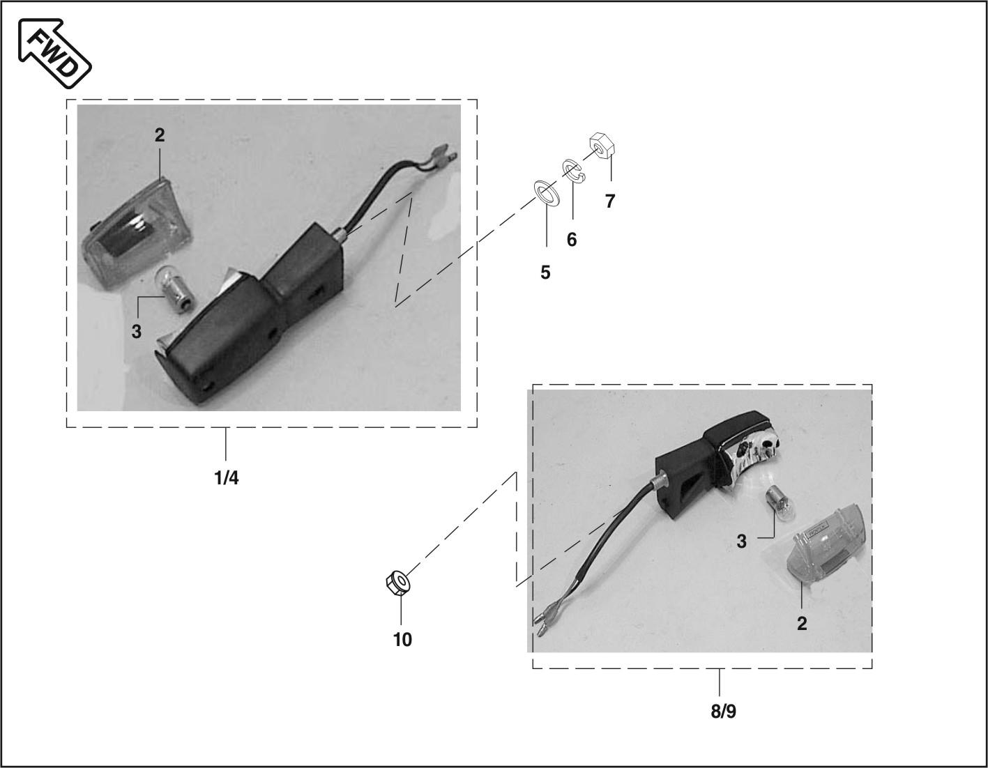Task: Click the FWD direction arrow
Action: pyautogui.click(x=54, y=53)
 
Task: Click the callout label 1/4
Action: pyautogui.click(x=227, y=478)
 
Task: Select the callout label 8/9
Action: pyautogui.click(x=723, y=712)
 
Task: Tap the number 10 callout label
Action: pyautogui.click(x=402, y=640)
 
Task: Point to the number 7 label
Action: pyautogui.click(x=610, y=201)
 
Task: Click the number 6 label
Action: pyautogui.click(x=572, y=240)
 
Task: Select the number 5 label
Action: pyautogui.click(x=545, y=272)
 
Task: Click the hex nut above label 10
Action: pyautogui.click(x=397, y=583)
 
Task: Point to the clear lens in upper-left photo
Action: pyautogui.click(x=137, y=233)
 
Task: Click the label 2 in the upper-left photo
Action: pyautogui.click(x=160, y=135)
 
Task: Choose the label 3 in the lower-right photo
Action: pyautogui.click(x=742, y=542)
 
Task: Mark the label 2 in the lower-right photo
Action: pyautogui.click(x=802, y=624)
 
